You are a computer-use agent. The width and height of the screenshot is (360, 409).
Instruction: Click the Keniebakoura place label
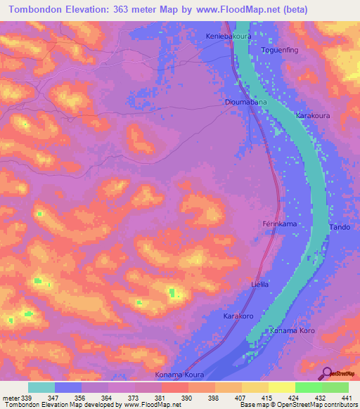(x=227, y=36)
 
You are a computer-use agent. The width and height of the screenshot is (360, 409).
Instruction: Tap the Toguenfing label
(x=281, y=51)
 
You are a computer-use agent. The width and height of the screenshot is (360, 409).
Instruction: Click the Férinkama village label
(x=277, y=223)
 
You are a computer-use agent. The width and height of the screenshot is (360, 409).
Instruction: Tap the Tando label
(x=340, y=228)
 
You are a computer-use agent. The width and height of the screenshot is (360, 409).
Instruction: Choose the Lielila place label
(x=260, y=285)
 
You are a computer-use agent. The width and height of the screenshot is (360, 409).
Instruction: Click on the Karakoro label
(x=238, y=317)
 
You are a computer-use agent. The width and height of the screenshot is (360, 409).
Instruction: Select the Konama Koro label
(x=292, y=330)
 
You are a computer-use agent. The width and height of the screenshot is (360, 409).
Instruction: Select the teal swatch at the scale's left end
(x=41, y=387)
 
